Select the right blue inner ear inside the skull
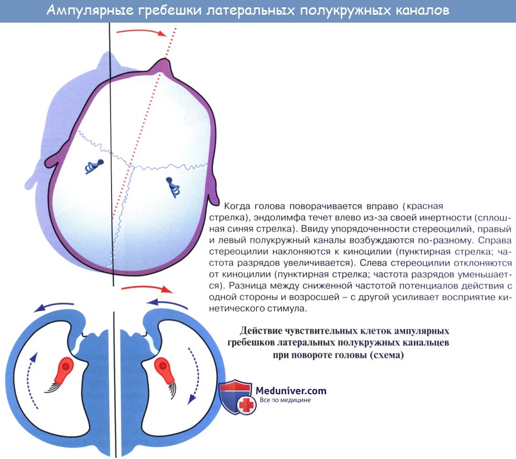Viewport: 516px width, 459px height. pyautogui.click(x=174, y=185)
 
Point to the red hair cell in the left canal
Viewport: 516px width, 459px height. pyautogui.click(x=65, y=370)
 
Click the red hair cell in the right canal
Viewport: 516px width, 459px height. pyautogui.click(x=164, y=370)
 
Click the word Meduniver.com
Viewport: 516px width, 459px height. pyautogui.click(x=291, y=391)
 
